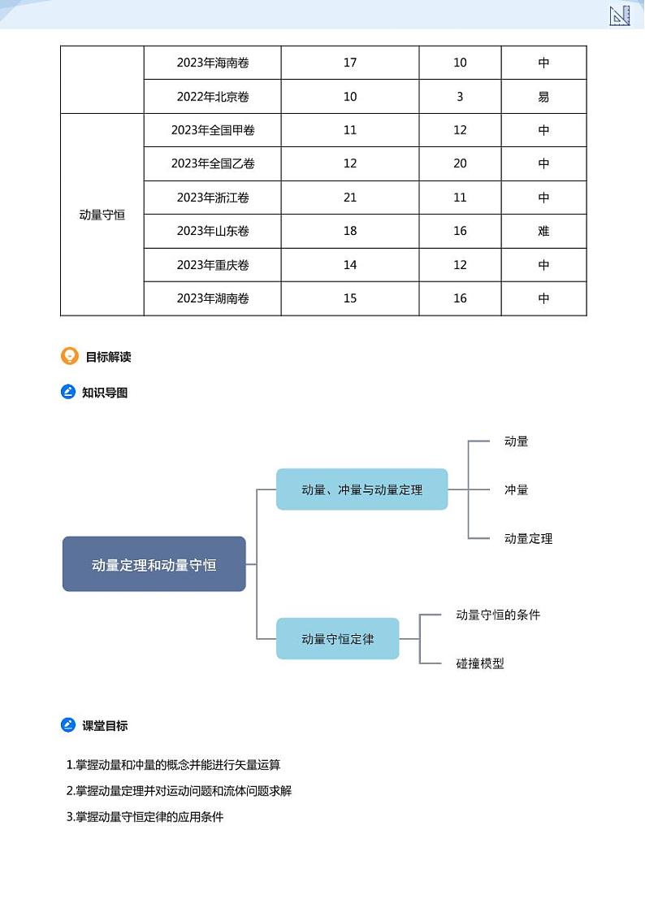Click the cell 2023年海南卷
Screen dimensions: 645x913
click(213, 63)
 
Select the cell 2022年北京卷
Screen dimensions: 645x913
click(213, 97)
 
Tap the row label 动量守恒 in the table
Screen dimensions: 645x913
click(102, 215)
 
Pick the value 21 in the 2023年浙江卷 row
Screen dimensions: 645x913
click(350, 198)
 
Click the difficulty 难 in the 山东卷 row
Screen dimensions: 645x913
click(543, 231)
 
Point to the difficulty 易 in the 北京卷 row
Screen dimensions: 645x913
click(543, 97)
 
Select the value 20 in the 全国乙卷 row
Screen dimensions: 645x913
click(460, 163)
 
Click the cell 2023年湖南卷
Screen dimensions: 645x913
click(213, 298)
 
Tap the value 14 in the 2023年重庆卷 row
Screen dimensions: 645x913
click(350, 265)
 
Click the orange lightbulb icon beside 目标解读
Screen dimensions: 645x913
click(70, 356)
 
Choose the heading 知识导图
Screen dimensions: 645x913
click(105, 393)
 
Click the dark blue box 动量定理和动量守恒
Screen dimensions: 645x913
click(154, 564)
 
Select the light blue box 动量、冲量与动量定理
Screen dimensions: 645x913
click(361, 489)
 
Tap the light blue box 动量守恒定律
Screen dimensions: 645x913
click(338, 639)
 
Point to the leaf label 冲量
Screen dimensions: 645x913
click(516, 489)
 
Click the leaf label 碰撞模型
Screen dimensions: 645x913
click(480, 663)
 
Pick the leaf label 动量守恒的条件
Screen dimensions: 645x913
click(498, 615)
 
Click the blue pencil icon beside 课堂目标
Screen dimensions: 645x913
click(69, 725)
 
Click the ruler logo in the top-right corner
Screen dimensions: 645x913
click(620, 15)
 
